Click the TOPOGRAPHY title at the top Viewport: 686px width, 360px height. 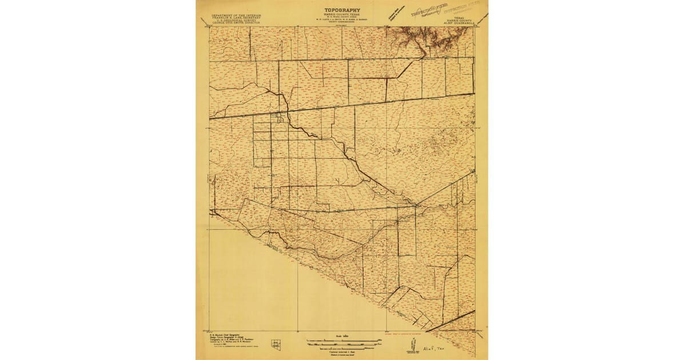(x=341, y=10)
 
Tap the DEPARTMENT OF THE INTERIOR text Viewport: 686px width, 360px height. (x=237, y=16)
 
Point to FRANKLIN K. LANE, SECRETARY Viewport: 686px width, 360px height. (x=237, y=19)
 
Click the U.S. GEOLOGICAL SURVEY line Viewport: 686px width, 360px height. (x=237, y=22)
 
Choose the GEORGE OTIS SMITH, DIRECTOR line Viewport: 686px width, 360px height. (x=237, y=25)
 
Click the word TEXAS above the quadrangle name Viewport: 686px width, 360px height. (x=461, y=18)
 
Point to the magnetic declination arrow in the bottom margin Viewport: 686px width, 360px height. (x=411, y=345)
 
